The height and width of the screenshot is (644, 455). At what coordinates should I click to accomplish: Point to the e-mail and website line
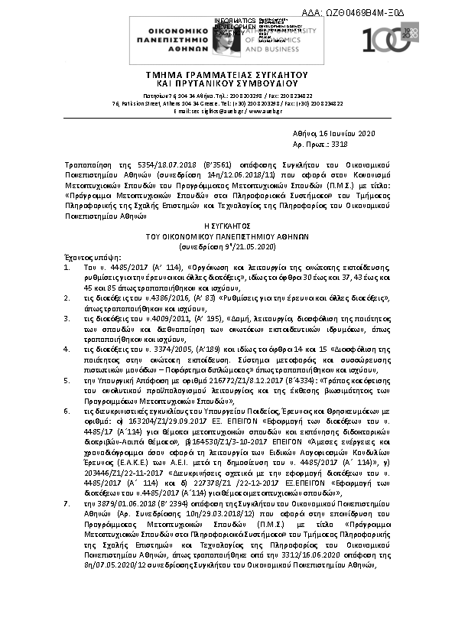coord(227,112)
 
